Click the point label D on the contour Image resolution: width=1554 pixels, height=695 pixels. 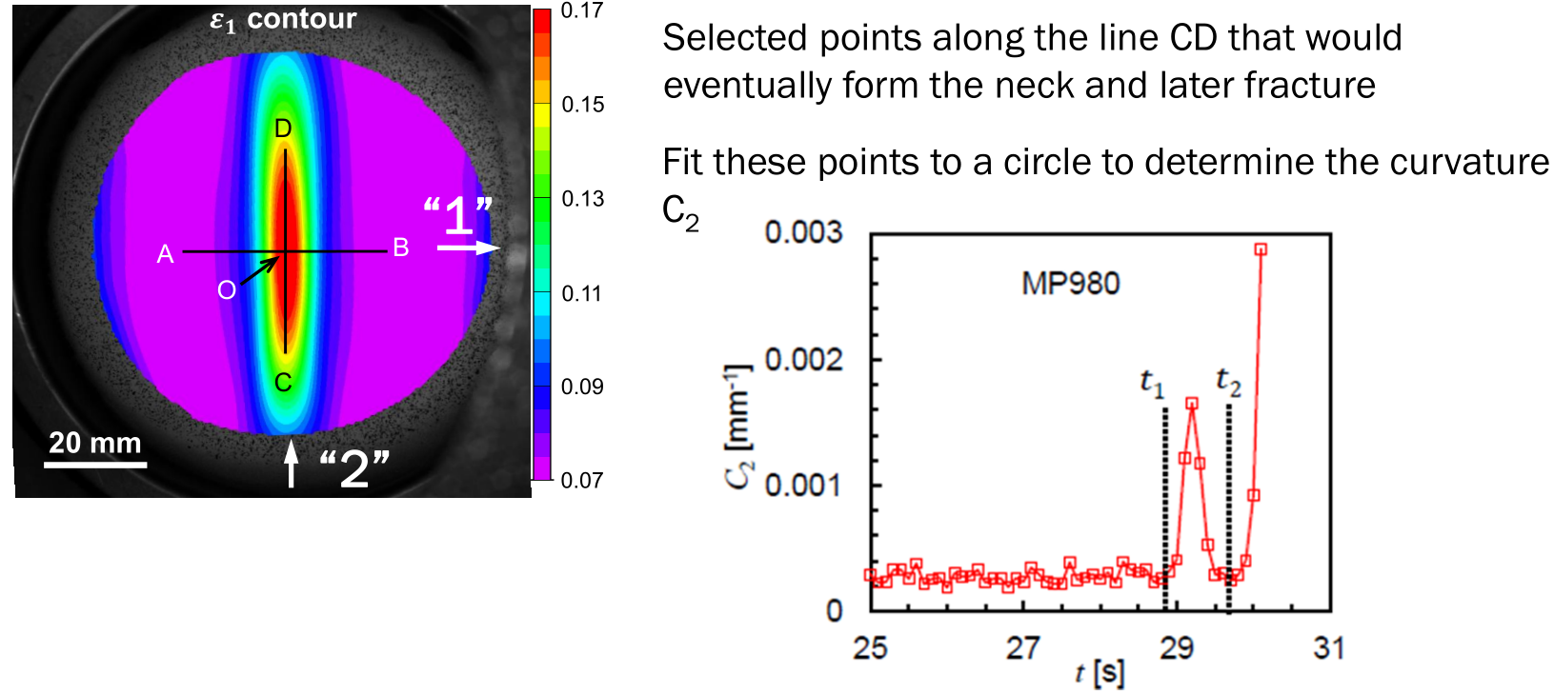[x=283, y=129]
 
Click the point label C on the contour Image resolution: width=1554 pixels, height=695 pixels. [x=283, y=383]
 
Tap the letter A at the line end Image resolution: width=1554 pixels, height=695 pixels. [x=166, y=254]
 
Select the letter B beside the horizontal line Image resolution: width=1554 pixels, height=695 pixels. [x=401, y=248]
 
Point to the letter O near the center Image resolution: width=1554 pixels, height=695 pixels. [x=226, y=290]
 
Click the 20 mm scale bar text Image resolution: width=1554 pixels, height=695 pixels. [x=94, y=443]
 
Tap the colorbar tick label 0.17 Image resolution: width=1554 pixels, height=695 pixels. [x=582, y=11]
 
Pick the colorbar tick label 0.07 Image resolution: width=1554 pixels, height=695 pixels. [x=582, y=480]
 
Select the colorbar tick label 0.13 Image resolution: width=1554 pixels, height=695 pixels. [x=582, y=199]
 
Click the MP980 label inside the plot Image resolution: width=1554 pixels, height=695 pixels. [x=1070, y=283]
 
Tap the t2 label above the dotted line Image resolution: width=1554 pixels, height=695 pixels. [x=1228, y=382]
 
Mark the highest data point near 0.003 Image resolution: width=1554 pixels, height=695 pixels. [x=1261, y=249]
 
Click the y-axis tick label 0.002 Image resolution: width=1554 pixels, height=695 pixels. [x=803, y=360]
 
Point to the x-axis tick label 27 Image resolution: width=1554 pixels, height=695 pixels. [x=1023, y=648]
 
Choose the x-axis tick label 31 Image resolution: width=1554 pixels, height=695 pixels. [x=1329, y=648]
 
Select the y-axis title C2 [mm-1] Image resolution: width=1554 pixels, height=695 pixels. [x=739, y=425]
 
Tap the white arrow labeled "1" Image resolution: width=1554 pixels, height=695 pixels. [x=468, y=248]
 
